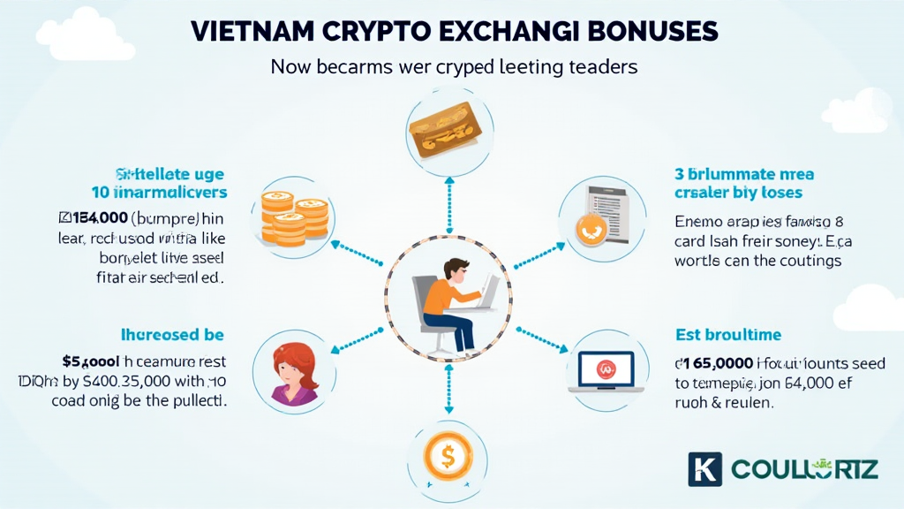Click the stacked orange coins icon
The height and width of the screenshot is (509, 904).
point(290,217)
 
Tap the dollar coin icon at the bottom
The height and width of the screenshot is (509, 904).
point(448,458)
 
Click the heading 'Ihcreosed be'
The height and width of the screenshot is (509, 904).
point(172,335)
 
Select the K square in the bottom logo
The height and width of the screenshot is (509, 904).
point(704,469)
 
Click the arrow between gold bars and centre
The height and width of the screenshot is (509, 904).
point(448,202)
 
